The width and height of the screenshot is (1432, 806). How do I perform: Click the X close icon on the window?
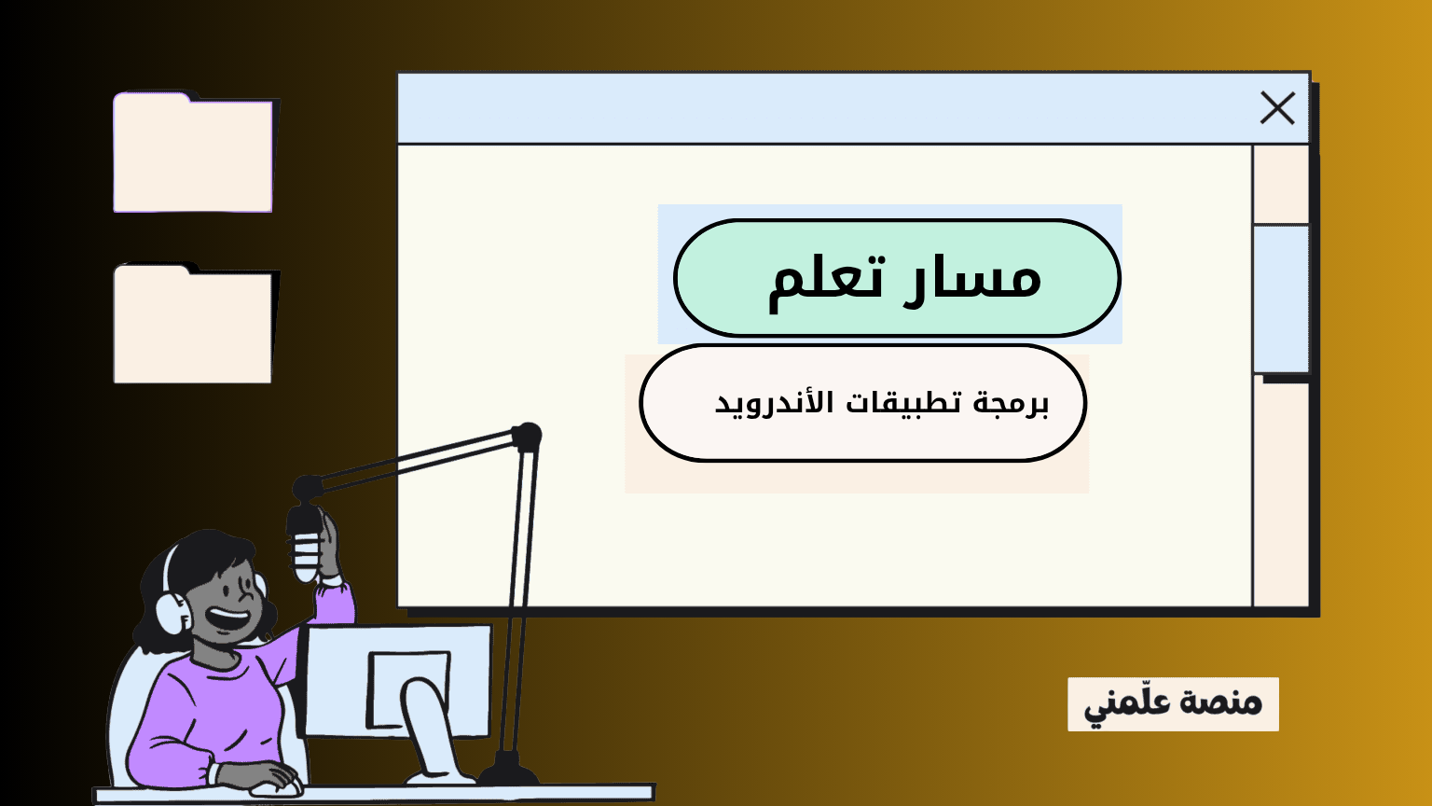tap(1277, 108)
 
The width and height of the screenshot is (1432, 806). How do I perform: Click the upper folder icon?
tap(194, 152)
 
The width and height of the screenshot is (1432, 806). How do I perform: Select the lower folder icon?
tap(194, 325)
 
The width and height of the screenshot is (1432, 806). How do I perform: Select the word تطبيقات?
tap(902, 402)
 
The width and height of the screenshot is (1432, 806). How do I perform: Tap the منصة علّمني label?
tap(1173, 703)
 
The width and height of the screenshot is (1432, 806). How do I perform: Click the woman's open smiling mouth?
tap(227, 619)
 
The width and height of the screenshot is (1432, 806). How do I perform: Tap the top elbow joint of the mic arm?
tap(528, 437)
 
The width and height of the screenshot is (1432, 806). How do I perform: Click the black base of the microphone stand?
tap(507, 770)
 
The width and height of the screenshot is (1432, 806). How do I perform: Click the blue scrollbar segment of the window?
tap(1280, 299)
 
